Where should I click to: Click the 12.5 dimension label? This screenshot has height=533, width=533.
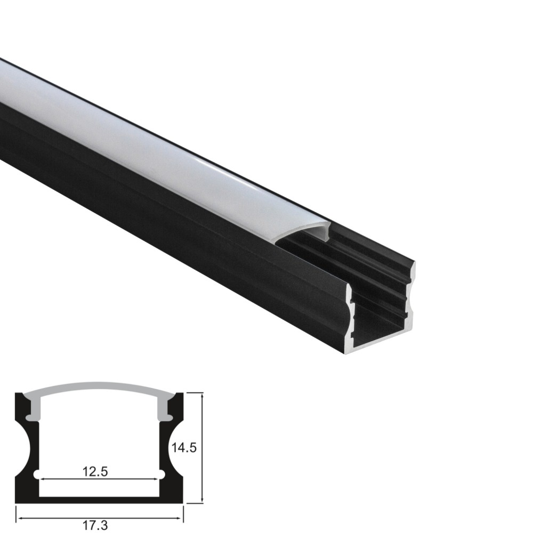[x=95, y=472]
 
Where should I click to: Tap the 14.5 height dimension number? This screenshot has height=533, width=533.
[x=183, y=448]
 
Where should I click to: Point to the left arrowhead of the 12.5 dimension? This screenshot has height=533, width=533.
[x=43, y=479]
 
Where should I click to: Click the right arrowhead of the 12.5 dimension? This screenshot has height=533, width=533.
[x=155, y=479]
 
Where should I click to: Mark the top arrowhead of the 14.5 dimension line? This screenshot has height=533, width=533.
[x=202, y=397]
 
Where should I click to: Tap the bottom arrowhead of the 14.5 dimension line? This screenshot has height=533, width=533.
[x=202, y=499]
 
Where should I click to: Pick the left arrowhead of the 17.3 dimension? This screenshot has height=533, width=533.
[x=21, y=519]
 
